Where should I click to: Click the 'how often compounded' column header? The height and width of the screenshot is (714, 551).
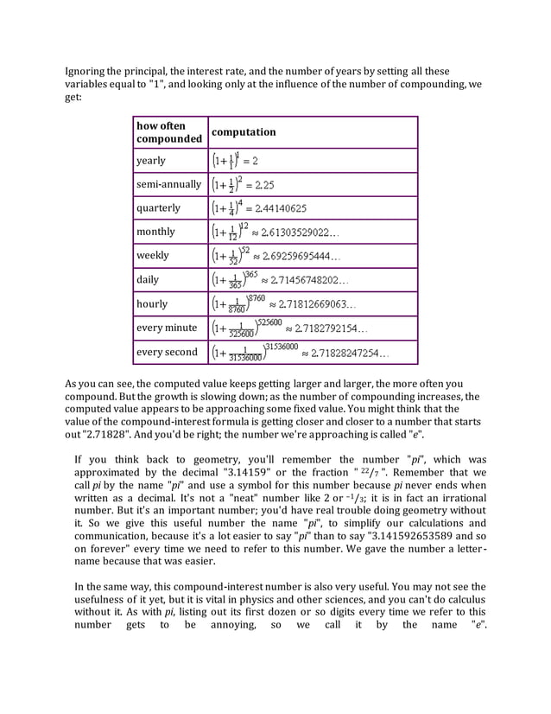tap(169, 132)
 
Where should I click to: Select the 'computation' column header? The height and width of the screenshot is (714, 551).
tap(244, 132)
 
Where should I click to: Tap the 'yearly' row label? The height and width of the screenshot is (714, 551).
tap(151, 161)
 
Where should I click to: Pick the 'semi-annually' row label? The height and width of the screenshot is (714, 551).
tap(168, 184)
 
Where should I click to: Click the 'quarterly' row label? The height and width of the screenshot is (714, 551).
tap(158, 208)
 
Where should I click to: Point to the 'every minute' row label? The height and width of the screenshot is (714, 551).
tap(167, 328)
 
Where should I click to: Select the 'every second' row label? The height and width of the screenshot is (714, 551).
tap(167, 353)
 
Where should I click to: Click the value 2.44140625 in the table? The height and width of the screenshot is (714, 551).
tap(277, 208)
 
